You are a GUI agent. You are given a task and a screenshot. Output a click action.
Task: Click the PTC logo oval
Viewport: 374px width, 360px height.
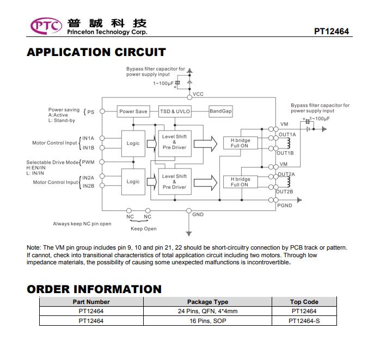tap(46, 26)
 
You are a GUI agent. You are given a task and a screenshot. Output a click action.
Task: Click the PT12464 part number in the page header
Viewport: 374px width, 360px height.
tap(332, 32)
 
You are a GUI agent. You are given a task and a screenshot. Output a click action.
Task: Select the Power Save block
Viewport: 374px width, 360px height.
tap(133, 111)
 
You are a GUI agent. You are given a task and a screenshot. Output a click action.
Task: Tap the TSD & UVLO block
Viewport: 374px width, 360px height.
tap(175, 111)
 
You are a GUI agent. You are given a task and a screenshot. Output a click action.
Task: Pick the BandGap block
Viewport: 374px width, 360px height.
tap(220, 111)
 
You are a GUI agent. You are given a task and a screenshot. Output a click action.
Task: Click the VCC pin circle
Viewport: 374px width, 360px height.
tap(189, 97)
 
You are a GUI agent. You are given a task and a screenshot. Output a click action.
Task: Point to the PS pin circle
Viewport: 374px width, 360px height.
tap(102, 111)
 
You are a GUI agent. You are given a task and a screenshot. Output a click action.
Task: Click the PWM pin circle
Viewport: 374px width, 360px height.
tap(102, 162)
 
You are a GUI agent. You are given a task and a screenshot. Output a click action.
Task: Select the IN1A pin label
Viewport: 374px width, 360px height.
tap(88, 139)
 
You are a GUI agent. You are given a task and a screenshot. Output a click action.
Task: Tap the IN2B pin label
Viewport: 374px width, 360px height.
tap(88, 186)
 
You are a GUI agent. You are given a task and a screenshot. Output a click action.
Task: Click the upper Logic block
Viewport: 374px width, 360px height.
tap(133, 144)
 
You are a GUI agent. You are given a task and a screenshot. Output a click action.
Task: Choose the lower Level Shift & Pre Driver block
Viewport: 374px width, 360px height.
tap(175, 182)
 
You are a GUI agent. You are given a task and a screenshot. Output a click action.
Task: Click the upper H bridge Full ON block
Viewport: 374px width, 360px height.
tap(241, 143)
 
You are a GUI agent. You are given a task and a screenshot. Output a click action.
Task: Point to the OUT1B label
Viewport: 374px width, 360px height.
tap(285, 153)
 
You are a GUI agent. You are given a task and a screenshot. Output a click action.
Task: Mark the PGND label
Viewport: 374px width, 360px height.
tap(285, 206)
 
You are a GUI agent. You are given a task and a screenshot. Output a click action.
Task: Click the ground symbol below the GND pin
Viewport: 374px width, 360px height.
tap(189, 233)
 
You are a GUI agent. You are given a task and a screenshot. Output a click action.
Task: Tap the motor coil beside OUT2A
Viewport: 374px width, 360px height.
tap(289, 182)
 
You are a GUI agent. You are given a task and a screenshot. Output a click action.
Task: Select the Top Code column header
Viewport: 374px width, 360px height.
tap(304, 302)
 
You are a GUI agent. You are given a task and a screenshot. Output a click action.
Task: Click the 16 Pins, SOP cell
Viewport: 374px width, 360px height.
tap(208, 321)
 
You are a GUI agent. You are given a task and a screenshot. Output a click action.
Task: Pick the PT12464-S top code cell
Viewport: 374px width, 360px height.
tap(304, 321)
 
